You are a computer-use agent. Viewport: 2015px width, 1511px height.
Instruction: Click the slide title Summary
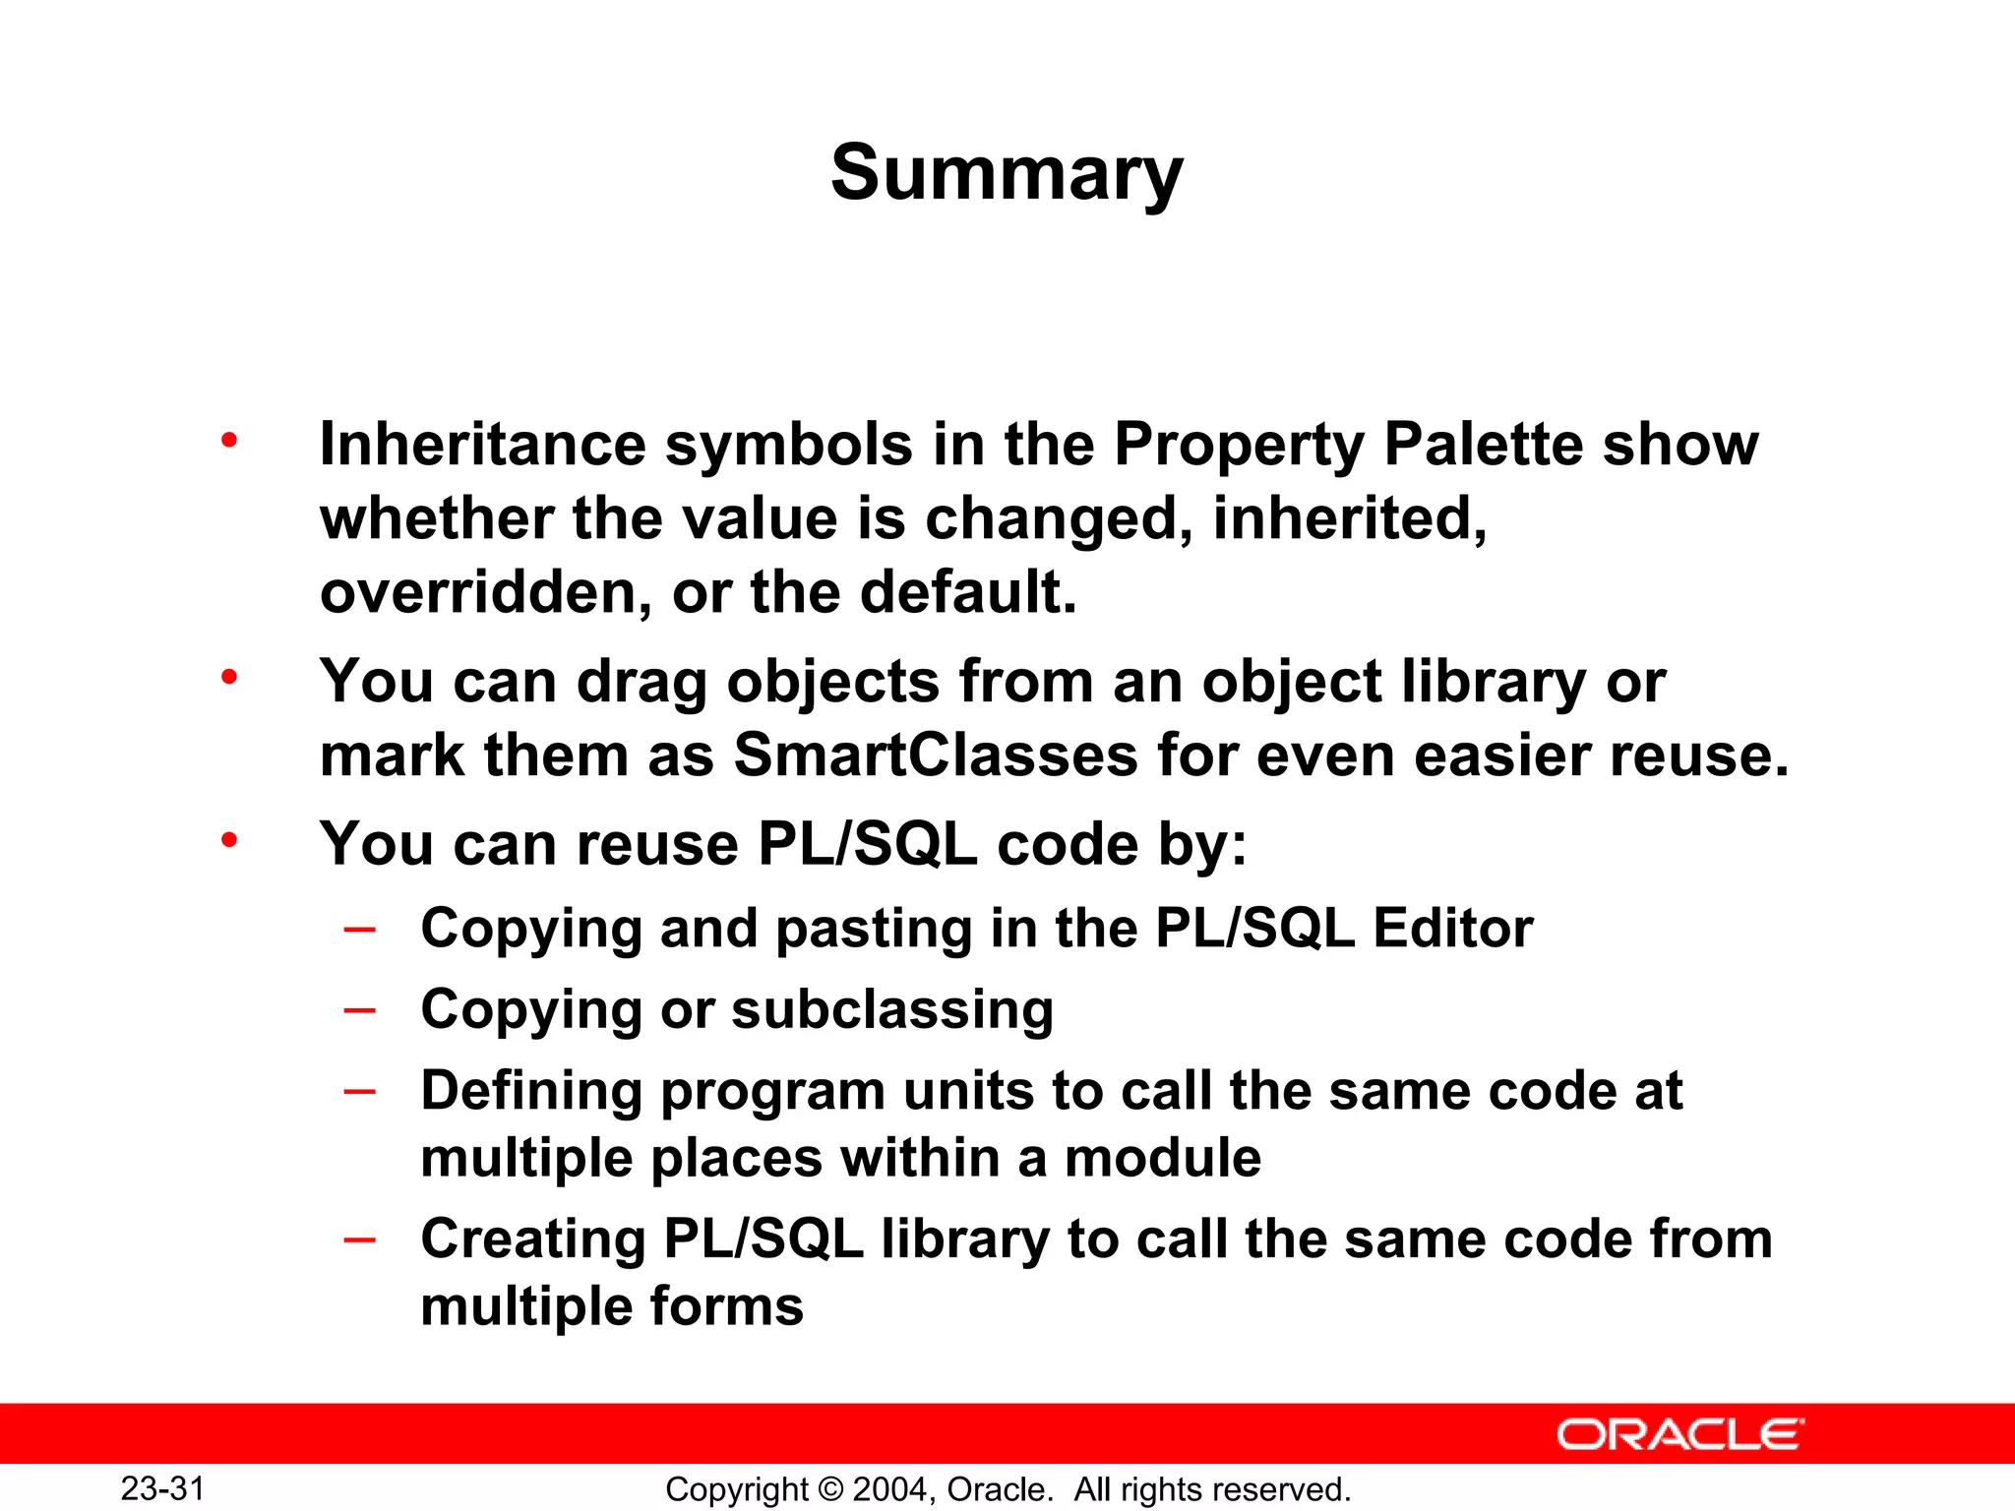(1007, 173)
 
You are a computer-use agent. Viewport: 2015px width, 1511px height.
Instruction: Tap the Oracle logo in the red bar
(1679, 1434)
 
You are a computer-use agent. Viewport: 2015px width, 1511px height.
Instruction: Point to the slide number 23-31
(162, 1488)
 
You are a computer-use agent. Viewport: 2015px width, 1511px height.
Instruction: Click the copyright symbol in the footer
(830, 1489)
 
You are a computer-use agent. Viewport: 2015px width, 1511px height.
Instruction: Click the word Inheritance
(482, 444)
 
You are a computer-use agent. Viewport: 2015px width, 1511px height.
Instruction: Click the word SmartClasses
(935, 755)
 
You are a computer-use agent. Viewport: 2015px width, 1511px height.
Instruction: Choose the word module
(1162, 1157)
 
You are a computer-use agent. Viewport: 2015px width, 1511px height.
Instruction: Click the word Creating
(532, 1239)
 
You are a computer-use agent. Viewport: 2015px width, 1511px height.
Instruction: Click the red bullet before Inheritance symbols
(229, 440)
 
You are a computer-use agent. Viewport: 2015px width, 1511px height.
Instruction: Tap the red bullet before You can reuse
(229, 840)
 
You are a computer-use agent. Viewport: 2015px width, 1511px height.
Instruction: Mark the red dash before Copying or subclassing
(360, 1009)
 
